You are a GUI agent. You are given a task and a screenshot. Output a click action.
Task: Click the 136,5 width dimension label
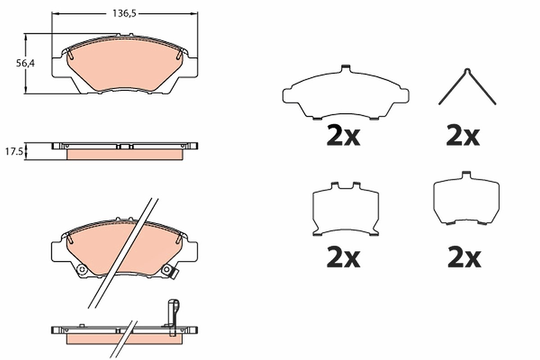pyautogui.click(x=124, y=13)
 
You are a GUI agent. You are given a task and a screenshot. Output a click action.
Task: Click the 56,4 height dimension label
pyautogui.click(x=25, y=63)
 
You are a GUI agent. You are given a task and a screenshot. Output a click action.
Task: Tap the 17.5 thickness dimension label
pyautogui.click(x=14, y=152)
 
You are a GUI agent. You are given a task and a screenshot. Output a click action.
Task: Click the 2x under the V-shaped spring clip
pyautogui.click(x=463, y=136)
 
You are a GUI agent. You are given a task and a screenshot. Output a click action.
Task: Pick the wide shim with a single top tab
pyautogui.click(x=346, y=92)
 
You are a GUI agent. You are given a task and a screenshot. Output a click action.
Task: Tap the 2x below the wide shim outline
pyautogui.click(x=343, y=136)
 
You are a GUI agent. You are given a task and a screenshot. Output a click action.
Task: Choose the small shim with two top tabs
pyautogui.click(x=346, y=209)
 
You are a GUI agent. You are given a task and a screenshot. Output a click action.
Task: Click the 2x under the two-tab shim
pyautogui.click(x=343, y=258)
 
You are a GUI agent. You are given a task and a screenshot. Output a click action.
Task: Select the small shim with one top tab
pyautogui.click(x=466, y=198)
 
